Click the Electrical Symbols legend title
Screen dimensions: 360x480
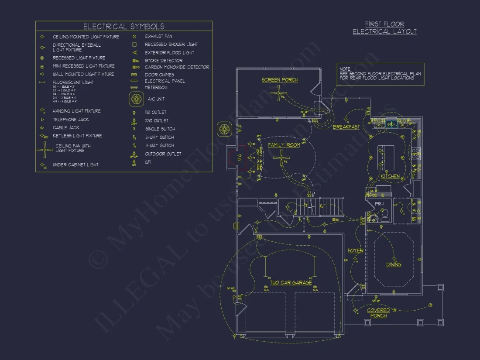(124, 27)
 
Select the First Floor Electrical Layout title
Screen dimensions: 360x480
(384, 28)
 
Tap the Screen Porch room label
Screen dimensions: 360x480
(280, 80)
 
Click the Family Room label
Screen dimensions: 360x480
(284, 145)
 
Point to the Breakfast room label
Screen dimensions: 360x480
(346, 127)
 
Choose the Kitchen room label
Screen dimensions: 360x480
(390, 176)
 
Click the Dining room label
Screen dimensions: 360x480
(394, 264)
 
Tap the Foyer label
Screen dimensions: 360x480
(355, 250)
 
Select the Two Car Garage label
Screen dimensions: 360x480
(291, 282)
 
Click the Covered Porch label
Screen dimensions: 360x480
(378, 313)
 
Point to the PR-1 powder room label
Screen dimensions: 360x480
(380, 204)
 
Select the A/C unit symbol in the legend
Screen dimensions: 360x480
(137, 99)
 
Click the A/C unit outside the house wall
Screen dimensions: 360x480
(224, 129)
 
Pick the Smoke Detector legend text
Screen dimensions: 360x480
(164, 61)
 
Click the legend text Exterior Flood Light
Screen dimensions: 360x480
(169, 53)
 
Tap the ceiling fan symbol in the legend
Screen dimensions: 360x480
(45, 150)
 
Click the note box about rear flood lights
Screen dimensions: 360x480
(380, 74)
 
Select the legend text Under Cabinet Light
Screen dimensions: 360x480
(75, 165)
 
